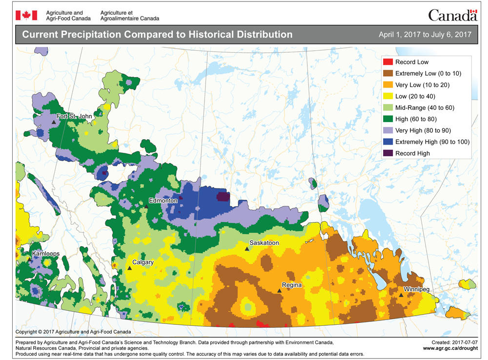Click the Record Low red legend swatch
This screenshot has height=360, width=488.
(x=387, y=62)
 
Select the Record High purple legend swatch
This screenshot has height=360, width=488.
(x=387, y=153)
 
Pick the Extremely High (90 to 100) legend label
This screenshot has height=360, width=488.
(x=432, y=142)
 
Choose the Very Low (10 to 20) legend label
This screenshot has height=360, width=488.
(x=422, y=85)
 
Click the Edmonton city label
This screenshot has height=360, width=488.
(x=163, y=201)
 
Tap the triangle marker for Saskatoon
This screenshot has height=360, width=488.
(x=247, y=249)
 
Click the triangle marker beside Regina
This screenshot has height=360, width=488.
(x=279, y=291)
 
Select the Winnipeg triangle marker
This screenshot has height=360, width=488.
(x=401, y=295)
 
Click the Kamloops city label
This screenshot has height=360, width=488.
(x=47, y=254)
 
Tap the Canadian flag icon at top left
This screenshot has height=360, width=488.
(x=23, y=15)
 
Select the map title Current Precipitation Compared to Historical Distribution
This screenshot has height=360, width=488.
(x=157, y=35)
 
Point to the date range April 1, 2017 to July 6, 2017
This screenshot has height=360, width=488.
(x=425, y=35)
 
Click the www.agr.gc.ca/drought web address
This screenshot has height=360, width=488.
(x=449, y=348)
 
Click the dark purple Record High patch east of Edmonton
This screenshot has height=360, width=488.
(x=223, y=196)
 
